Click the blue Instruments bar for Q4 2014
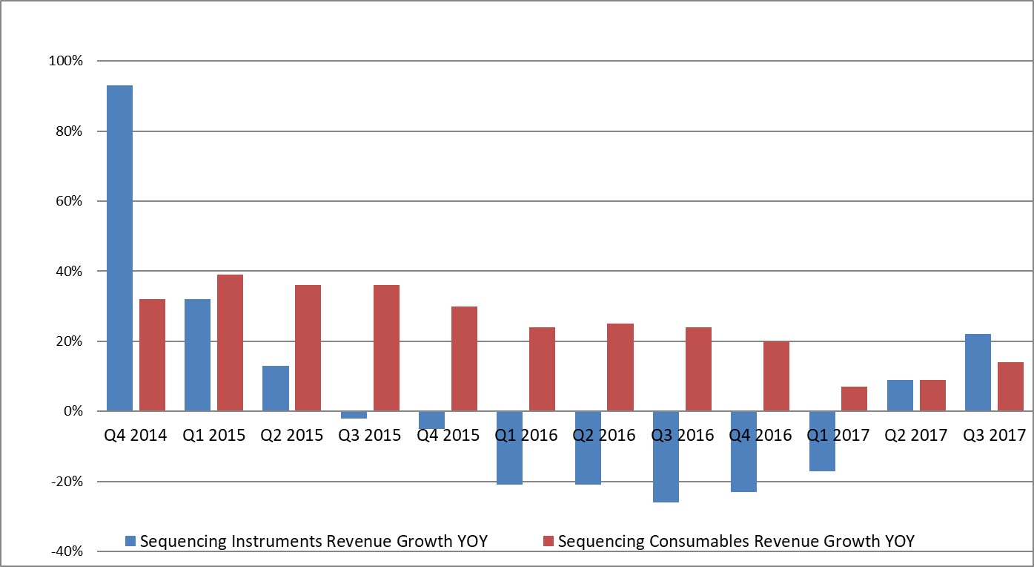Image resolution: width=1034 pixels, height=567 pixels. click(119, 248)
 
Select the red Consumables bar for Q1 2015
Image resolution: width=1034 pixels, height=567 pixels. click(230, 342)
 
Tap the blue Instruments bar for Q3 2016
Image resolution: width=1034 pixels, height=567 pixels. click(666, 456)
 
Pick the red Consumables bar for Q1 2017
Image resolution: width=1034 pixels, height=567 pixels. click(854, 399)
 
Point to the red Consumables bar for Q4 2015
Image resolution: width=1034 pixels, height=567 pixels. click(464, 358)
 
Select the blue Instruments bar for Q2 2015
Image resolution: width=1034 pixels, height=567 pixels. click(276, 388)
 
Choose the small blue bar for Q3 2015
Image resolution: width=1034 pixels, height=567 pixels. click(354, 415)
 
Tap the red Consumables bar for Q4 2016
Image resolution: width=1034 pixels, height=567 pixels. click(776, 376)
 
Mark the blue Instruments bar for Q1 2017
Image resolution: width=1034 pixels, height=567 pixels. click(822, 441)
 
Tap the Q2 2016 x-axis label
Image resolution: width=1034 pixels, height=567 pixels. click(604, 435)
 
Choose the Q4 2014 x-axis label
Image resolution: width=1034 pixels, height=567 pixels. click(136, 435)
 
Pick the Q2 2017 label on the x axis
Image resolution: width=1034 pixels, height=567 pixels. click(916, 435)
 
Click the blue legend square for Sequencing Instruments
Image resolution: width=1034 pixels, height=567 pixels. click(131, 542)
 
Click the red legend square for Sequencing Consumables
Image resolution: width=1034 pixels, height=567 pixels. click(549, 542)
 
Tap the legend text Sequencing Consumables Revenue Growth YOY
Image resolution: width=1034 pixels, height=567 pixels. click(736, 542)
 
